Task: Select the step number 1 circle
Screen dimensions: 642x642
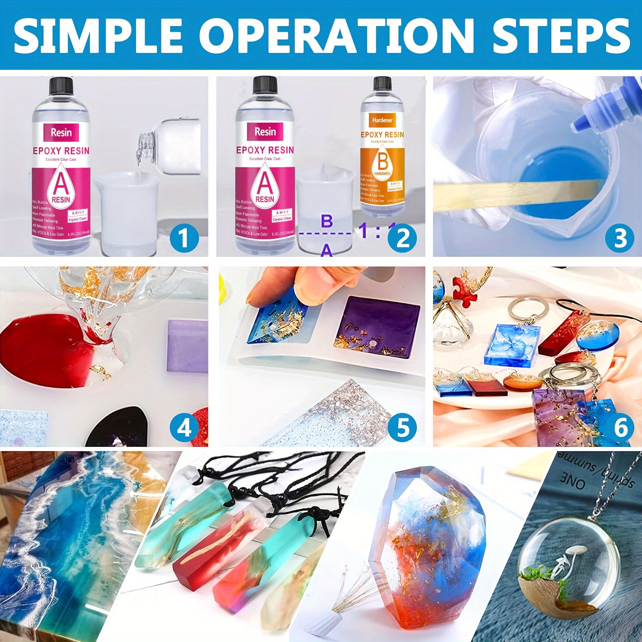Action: pyautogui.click(x=184, y=238)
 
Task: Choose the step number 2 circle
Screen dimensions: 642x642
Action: pyautogui.click(x=402, y=238)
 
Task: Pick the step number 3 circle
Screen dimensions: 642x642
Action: pyautogui.click(x=620, y=238)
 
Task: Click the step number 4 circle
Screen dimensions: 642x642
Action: pyautogui.click(x=184, y=427)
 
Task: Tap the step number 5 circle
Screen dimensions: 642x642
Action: pyautogui.click(x=402, y=427)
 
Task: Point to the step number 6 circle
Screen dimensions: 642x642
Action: pyautogui.click(x=620, y=427)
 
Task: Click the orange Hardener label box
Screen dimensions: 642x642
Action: pyautogui.click(x=382, y=120)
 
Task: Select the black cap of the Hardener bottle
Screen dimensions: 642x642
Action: pyautogui.click(x=382, y=83)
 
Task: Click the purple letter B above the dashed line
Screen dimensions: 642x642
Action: pyautogui.click(x=327, y=221)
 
